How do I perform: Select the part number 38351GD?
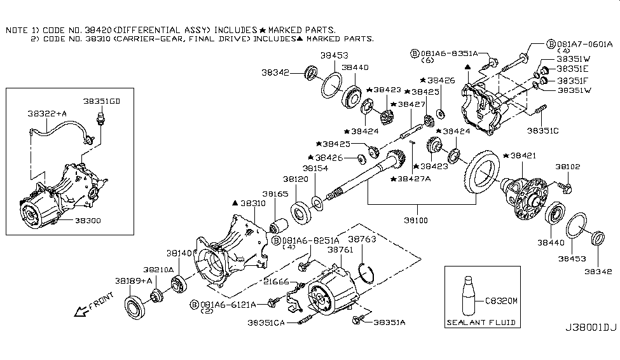coord(101,101)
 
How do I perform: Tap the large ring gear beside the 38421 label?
coord(483,172)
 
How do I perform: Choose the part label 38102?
coord(567,166)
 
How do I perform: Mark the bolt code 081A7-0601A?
coord(584,44)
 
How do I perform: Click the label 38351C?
coord(542,130)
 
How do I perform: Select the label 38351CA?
coord(268,323)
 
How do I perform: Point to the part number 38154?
coord(315,169)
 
